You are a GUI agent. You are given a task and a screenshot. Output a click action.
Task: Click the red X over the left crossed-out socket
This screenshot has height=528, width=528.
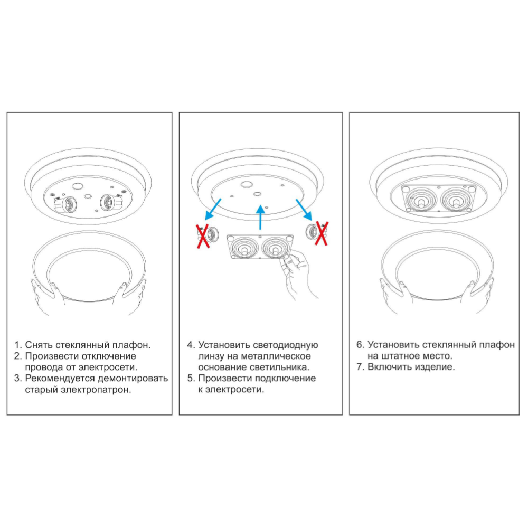pyautogui.click(x=202, y=236)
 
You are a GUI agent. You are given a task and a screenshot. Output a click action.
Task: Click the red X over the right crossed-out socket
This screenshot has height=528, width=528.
pyautogui.click(x=320, y=233)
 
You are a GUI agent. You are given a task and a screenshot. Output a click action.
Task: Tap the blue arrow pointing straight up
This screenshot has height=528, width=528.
pyautogui.click(x=260, y=217)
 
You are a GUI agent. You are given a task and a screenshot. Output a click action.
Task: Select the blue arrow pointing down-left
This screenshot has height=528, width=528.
pyautogui.click(x=213, y=209)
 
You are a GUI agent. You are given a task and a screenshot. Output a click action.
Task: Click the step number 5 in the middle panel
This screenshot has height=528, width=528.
pyautogui.click(x=191, y=379)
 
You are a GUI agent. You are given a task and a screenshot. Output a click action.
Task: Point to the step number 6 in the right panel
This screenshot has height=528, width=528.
pyautogui.click(x=360, y=345)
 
